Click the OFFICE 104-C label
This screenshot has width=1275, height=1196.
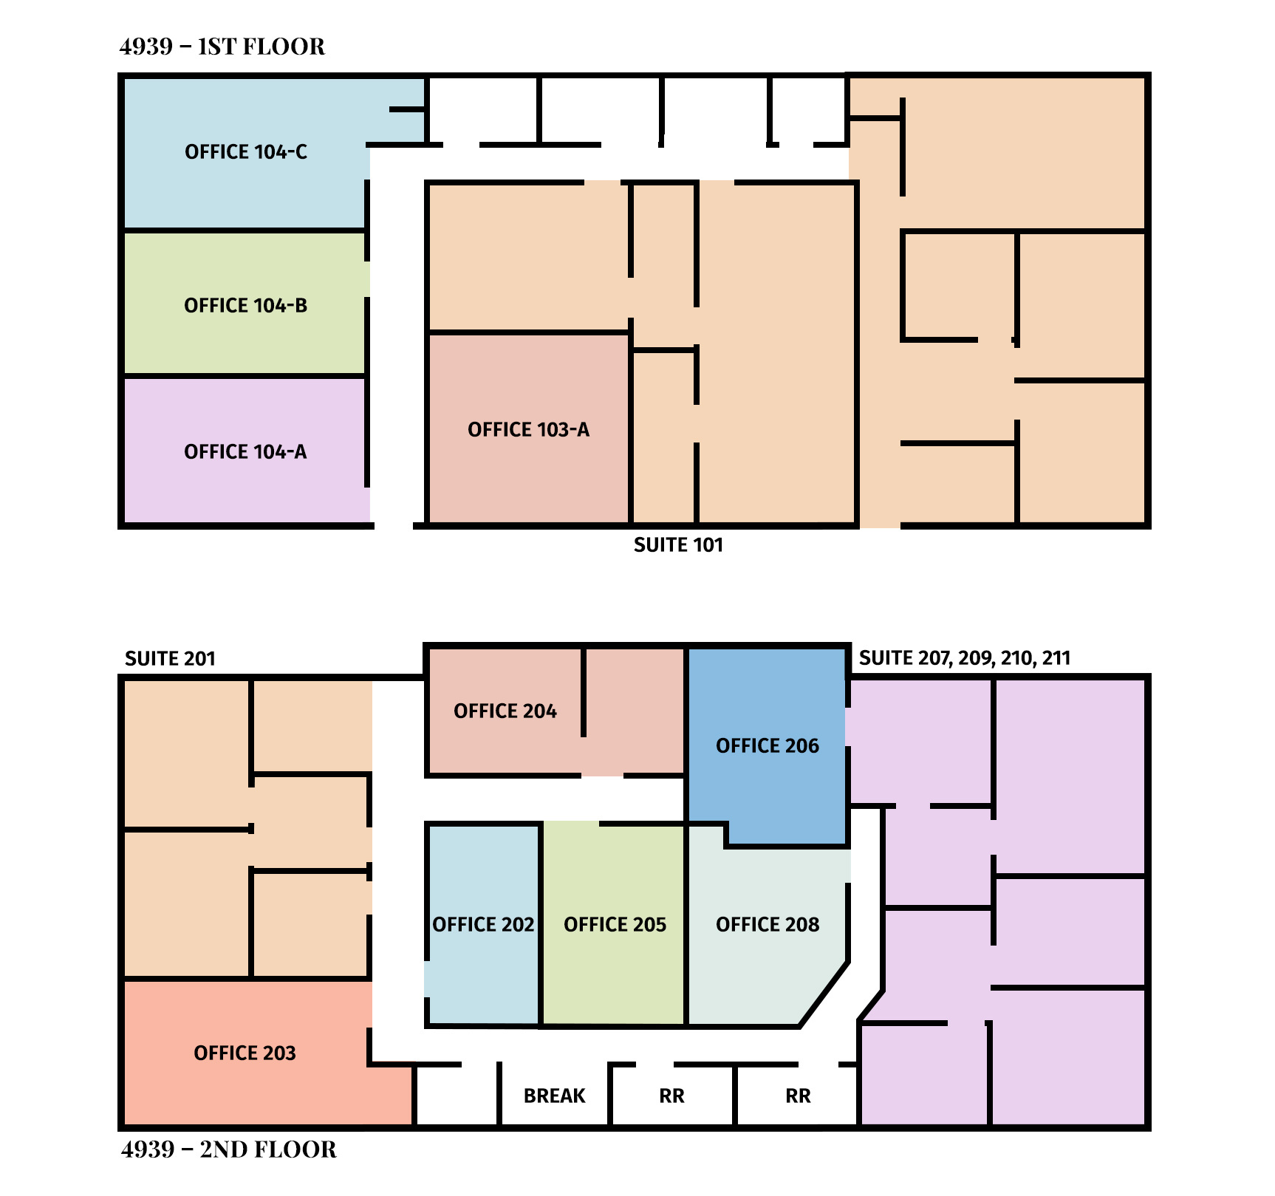point(246,152)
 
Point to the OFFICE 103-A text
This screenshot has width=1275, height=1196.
point(528,430)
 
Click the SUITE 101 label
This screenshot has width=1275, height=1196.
point(678,545)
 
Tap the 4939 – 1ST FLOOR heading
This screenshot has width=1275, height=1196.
point(222,47)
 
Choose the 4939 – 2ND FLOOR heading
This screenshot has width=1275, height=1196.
point(229,1149)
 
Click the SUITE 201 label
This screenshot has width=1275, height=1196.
point(170,659)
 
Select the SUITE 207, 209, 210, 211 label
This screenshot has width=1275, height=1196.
point(965,658)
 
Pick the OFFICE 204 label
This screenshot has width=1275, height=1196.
point(505,711)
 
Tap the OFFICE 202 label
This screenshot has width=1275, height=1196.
point(483,925)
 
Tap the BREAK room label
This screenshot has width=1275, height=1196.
point(555,1096)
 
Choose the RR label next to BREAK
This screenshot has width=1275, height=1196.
point(671,1096)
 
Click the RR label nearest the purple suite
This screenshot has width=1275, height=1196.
point(798,1096)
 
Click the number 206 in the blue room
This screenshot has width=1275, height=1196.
point(801,746)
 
